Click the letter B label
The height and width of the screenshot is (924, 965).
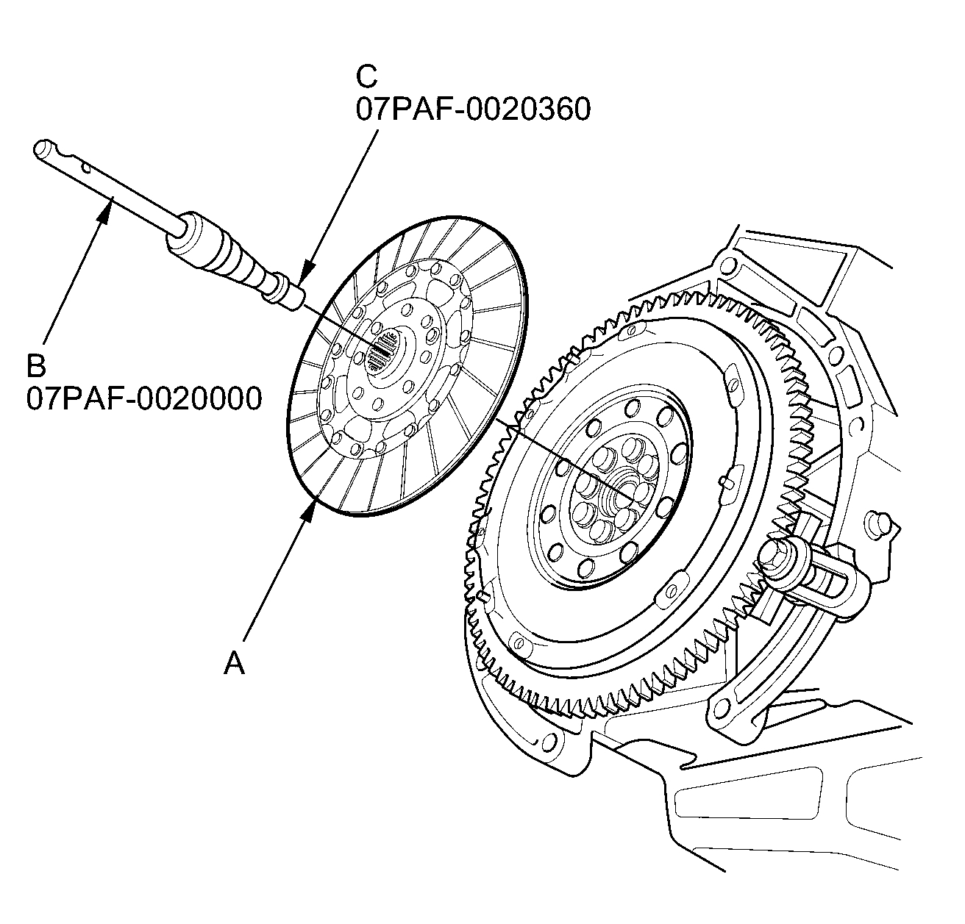coord(37,365)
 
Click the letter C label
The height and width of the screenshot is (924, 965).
coord(366,76)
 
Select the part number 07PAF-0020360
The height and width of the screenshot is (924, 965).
coord(473,110)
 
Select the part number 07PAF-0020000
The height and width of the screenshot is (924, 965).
coord(144,399)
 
